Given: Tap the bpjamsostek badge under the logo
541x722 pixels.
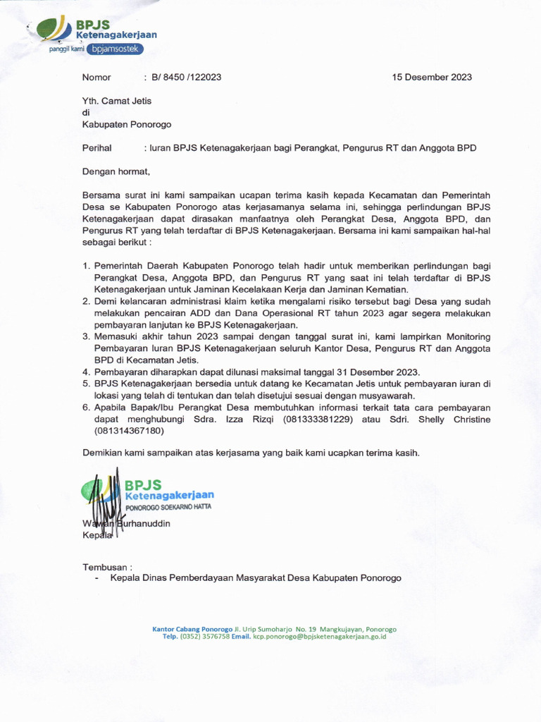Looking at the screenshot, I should point(118,49).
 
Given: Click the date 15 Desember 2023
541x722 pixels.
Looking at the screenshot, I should point(432,78).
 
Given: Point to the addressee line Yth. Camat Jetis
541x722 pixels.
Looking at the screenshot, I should point(117,101).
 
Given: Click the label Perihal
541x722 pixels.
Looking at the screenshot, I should point(98,148).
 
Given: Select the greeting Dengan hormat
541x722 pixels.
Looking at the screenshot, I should point(116,171).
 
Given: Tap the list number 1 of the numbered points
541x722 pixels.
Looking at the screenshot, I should point(86,266).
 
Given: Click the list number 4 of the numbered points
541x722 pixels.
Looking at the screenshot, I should point(86,372).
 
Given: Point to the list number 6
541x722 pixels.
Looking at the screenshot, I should point(86,408).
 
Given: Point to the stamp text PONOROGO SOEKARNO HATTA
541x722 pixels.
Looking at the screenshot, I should point(168,507).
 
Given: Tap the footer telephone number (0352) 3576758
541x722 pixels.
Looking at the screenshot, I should point(205,637).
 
